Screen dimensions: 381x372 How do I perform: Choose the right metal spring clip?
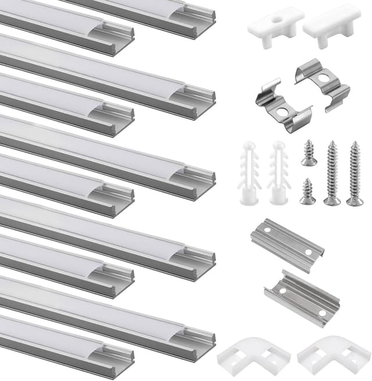(x=323, y=86)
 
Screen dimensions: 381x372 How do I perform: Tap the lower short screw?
(x=307, y=192)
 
